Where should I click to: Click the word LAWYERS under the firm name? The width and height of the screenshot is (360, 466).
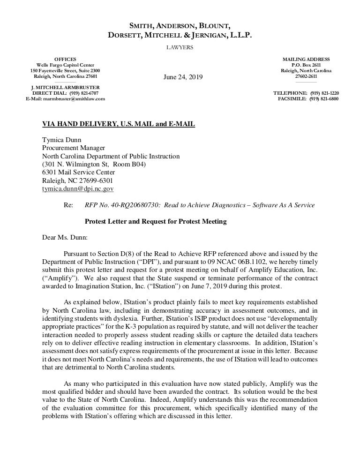pos(180,47)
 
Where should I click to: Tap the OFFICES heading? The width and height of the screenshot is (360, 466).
pos(65,59)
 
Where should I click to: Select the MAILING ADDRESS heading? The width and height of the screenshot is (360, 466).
pos(306,59)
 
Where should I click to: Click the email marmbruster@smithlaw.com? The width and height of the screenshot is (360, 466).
pos(65,99)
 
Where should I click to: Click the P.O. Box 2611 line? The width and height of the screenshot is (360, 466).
pos(306,65)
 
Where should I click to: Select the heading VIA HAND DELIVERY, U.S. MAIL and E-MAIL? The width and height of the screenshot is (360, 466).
pos(119,124)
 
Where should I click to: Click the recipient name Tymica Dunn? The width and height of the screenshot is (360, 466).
pos(62,139)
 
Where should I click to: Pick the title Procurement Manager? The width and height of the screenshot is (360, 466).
pos(74,148)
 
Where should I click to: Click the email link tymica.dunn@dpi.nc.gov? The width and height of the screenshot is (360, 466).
pos(78,189)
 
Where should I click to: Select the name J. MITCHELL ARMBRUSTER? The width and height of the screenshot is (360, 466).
pos(65,88)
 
